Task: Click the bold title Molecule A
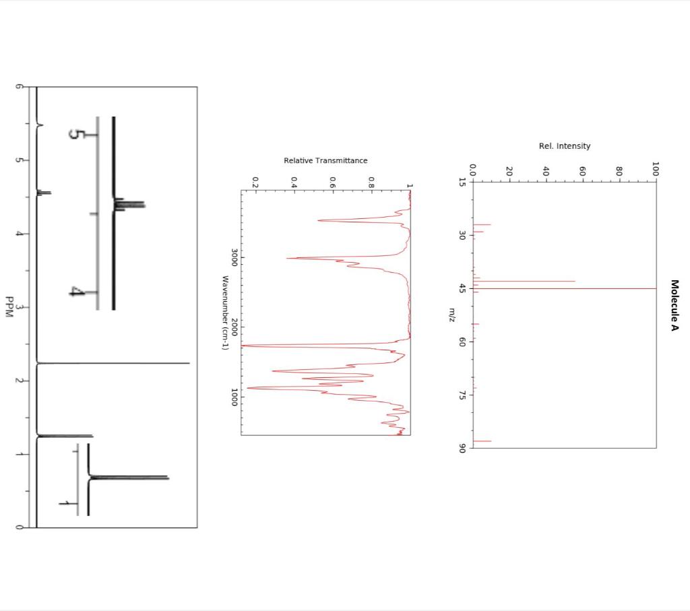[675, 305]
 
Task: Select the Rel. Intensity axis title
[565, 146]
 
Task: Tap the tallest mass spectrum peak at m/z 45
[565, 288]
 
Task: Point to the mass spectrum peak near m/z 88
[482, 441]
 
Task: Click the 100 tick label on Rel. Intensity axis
[656, 169]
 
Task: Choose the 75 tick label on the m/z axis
[462, 395]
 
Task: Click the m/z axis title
[452, 315]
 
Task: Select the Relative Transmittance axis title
[325, 160]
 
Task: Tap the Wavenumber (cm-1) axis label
[225, 313]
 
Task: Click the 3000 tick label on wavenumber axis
[234, 257]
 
